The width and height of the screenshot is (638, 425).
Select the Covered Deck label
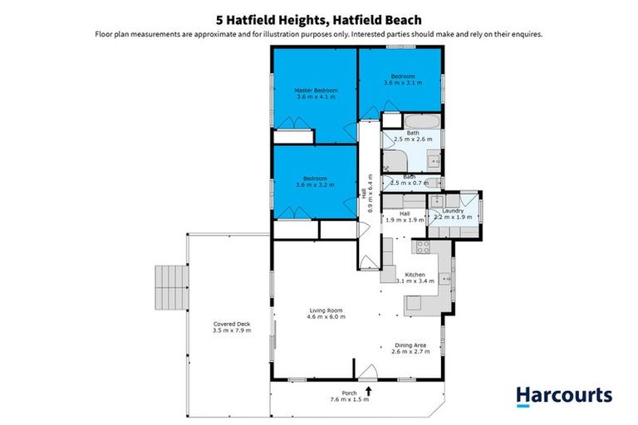pyautogui.click(x=232, y=324)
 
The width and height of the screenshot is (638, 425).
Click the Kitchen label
pyautogui.click(x=415, y=274)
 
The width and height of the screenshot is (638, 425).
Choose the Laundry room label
pyautogui.click(x=453, y=211)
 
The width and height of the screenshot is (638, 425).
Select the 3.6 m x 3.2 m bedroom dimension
pyautogui.click(x=315, y=185)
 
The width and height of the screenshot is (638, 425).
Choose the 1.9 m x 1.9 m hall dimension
pyautogui.click(x=405, y=221)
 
